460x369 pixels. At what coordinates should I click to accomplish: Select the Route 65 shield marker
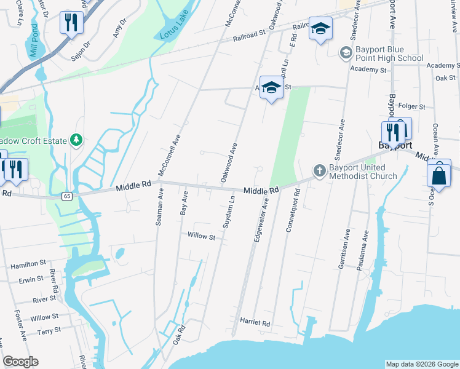(x=66, y=196)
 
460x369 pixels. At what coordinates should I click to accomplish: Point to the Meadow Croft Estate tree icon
(x=76, y=140)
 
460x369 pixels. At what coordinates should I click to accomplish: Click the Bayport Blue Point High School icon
(x=347, y=53)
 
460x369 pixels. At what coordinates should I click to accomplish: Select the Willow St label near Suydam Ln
(x=201, y=236)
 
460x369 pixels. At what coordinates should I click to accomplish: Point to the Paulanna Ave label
(x=365, y=245)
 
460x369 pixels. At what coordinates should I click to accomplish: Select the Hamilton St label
(x=28, y=265)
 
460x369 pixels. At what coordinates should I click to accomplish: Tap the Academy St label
(x=368, y=70)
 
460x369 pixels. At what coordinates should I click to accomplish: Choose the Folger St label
(x=412, y=106)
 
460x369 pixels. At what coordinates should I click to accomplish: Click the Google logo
(x=20, y=362)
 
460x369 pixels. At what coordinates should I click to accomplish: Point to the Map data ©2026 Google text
(x=421, y=364)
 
